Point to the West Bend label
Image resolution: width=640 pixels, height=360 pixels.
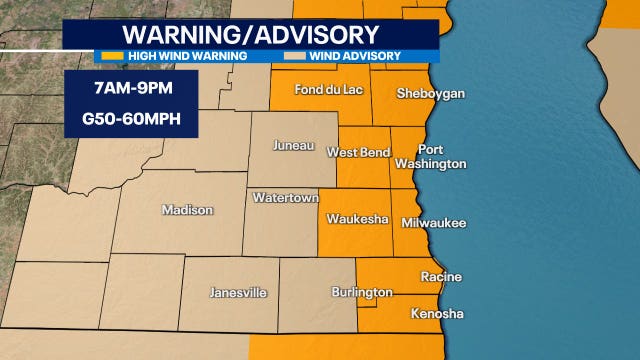[x=358, y=152]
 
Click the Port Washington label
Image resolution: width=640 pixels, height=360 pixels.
[x=430, y=156]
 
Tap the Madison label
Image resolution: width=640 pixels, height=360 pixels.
[x=187, y=210]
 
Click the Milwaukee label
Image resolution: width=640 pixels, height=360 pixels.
[x=433, y=223]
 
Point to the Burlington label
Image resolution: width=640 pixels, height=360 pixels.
[x=361, y=293]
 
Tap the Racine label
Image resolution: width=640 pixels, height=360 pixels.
[x=441, y=276]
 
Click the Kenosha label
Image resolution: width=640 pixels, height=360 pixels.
[x=438, y=314]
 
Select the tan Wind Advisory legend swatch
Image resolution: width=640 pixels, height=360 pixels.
[x=295, y=56]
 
